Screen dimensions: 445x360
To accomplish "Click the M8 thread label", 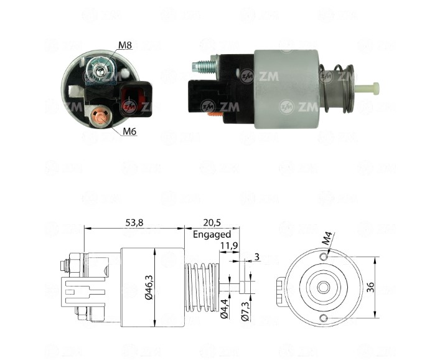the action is pos(125,45).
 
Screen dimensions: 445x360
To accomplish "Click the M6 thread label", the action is pos(129,131).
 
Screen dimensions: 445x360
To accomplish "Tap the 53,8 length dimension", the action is pos(134,223).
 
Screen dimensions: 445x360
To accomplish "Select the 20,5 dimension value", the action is pos(212,223).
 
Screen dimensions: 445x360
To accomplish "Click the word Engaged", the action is pos(212,235).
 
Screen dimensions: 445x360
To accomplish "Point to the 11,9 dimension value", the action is pos(229,245).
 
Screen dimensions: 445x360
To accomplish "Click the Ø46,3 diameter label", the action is pos(149,287).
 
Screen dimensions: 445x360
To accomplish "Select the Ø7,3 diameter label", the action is pos(245,311).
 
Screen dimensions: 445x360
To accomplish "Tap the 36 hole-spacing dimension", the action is pos(370,287).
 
